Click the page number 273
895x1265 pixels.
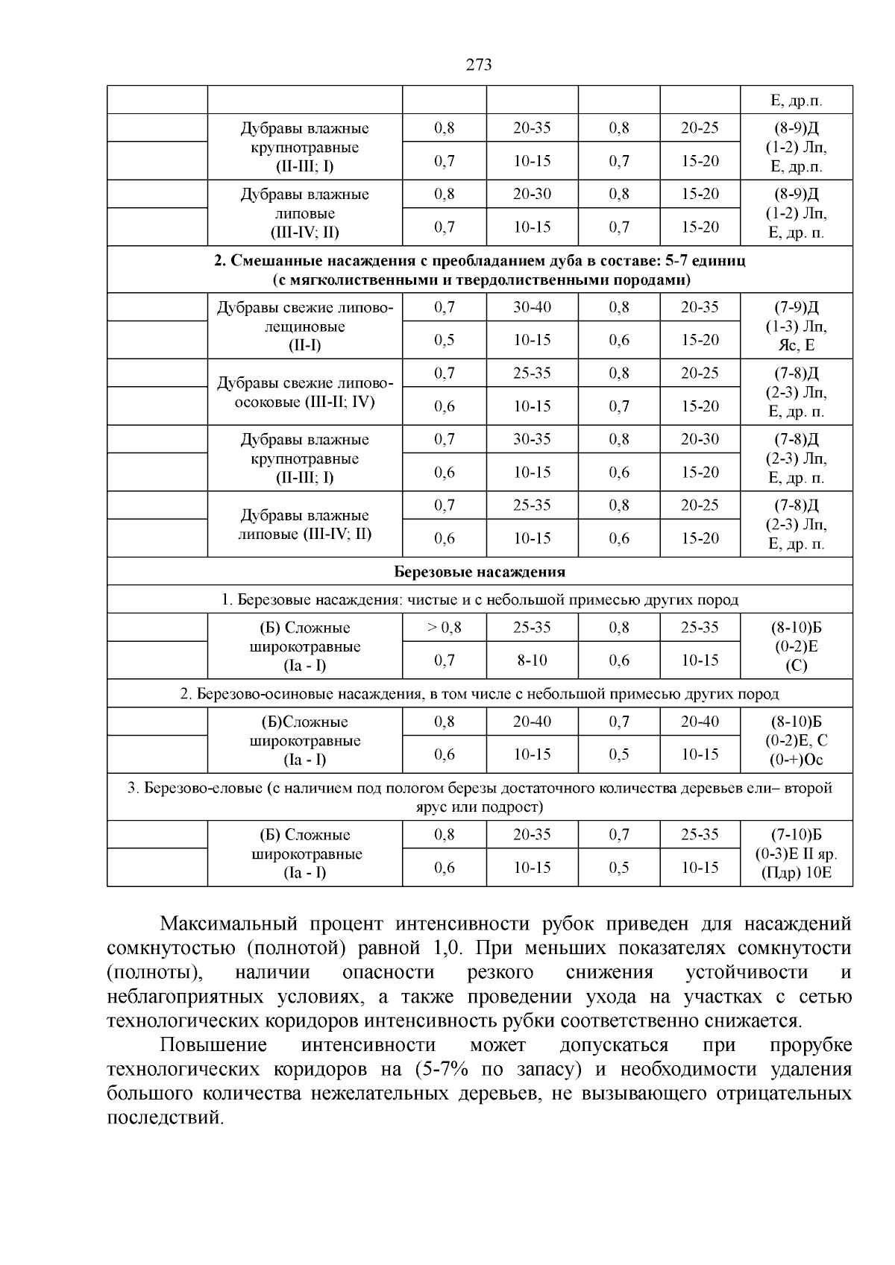point(479,65)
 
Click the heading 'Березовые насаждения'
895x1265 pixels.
point(479,572)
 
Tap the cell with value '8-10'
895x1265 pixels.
point(532,660)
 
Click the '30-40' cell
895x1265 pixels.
point(532,307)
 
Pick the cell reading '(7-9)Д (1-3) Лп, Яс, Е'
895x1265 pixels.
point(797,326)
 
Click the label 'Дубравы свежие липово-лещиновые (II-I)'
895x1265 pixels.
point(304,326)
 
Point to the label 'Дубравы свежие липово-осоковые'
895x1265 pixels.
point(304,392)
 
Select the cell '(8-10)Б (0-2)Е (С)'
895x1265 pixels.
point(797,646)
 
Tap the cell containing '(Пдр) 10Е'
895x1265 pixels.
point(797,873)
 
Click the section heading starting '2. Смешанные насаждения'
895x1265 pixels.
point(479,270)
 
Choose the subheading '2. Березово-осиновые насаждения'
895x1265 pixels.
point(479,694)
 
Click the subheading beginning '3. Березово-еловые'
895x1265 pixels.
point(479,798)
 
